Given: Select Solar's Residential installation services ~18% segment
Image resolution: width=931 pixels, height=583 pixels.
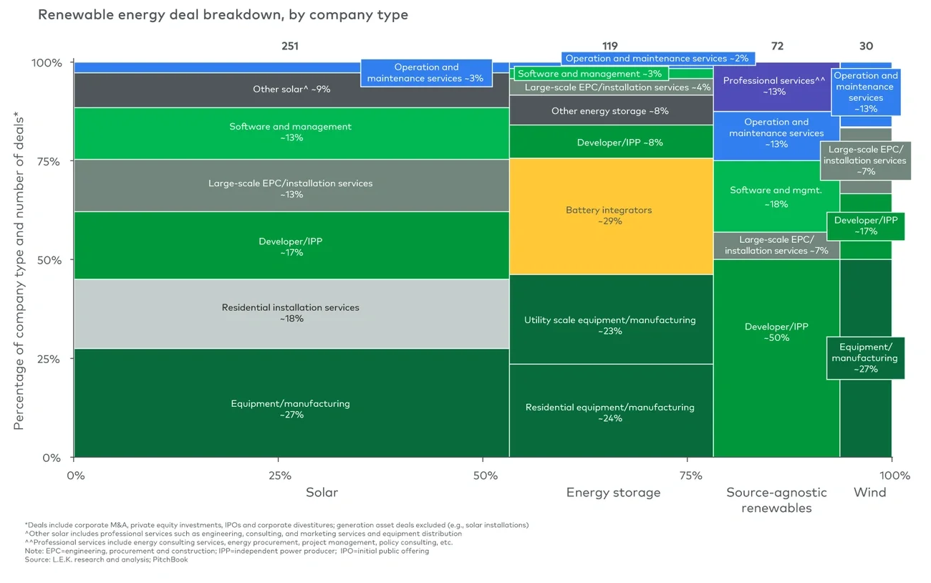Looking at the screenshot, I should pos(291,313).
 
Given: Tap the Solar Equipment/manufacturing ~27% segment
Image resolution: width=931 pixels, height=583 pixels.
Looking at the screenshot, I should pos(291,408).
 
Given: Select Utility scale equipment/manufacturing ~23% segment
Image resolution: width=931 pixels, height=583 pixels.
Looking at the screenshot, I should pos(610,325).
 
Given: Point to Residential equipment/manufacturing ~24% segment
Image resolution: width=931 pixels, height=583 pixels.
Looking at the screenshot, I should pos(610,412).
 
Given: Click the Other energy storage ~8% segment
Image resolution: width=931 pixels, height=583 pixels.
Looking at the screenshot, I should pos(610,111).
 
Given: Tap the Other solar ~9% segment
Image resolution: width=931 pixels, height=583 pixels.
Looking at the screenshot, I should pos(291,90).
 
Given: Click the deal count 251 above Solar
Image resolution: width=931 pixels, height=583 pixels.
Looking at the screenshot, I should pos(289,46).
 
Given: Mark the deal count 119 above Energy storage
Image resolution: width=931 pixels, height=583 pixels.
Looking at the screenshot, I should pos(610,46).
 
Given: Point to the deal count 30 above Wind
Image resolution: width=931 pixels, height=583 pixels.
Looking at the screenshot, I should pos(866,46).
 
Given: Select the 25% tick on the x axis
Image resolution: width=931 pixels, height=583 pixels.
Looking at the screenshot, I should pos(279,476).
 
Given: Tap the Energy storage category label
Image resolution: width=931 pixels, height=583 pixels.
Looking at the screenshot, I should pos(613,493).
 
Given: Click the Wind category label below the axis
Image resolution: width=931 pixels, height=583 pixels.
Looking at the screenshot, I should pos(869,493).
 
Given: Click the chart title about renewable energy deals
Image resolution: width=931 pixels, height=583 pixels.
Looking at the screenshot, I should pos(223,15).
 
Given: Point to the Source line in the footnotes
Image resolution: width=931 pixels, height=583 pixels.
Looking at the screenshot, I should pos(107,559).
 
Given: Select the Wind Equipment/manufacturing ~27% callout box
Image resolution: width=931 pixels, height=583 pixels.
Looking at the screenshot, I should pos(865,358).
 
